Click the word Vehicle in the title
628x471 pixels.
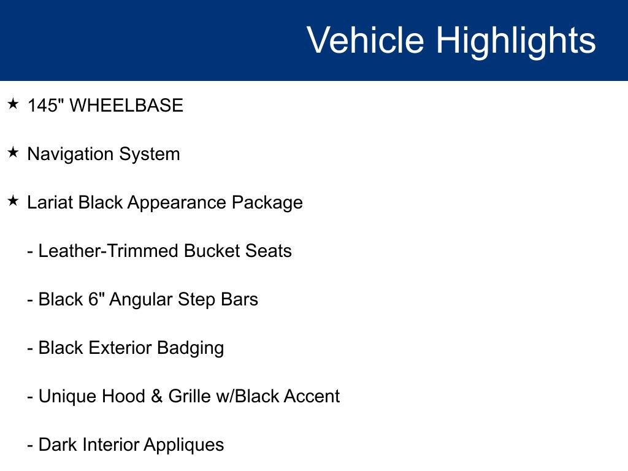[x=366, y=40]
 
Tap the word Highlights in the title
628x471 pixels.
[x=516, y=42]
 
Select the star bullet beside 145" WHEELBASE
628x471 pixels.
[x=13, y=104]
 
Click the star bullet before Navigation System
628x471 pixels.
[x=13, y=152]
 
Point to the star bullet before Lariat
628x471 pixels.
[x=13, y=201]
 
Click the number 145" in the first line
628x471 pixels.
[x=46, y=105]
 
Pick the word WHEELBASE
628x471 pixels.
[x=126, y=105]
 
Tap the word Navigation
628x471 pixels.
[x=71, y=155]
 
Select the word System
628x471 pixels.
[x=150, y=155]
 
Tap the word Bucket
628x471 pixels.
[x=212, y=251]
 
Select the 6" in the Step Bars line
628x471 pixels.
[x=96, y=299]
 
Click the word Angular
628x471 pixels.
[x=140, y=300]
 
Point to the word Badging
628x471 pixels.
[x=190, y=348]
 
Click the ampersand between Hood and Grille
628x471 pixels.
[x=156, y=396]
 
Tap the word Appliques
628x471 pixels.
[x=184, y=445]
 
